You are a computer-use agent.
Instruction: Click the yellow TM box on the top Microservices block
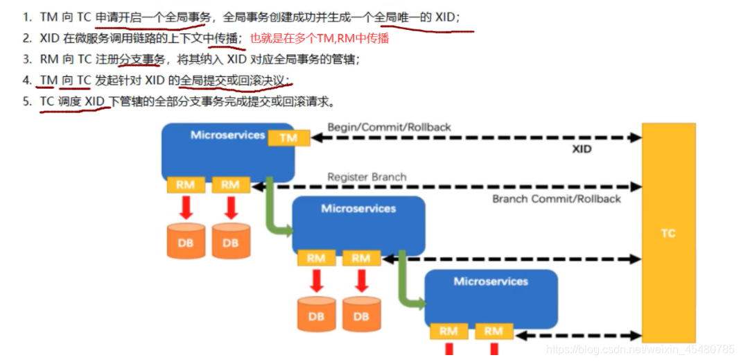click(288, 138)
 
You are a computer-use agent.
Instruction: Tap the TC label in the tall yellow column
click(668, 234)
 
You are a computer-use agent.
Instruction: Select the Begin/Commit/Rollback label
click(389, 127)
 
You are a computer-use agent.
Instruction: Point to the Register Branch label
click(367, 177)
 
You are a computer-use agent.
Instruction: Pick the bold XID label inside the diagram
click(582, 149)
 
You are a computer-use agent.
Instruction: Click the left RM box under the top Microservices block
click(185, 184)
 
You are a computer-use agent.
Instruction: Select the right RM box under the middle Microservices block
click(360, 259)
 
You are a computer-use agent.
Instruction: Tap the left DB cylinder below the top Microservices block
click(186, 241)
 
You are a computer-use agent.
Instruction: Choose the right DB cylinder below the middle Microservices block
click(360, 313)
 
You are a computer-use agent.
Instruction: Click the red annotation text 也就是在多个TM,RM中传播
click(319, 39)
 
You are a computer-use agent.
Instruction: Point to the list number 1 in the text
click(26, 17)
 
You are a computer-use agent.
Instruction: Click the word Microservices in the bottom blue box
click(490, 282)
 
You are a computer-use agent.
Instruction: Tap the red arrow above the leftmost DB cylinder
click(186, 207)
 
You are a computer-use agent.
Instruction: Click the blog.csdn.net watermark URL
click(639, 350)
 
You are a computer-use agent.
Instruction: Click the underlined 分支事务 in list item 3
click(141, 60)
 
